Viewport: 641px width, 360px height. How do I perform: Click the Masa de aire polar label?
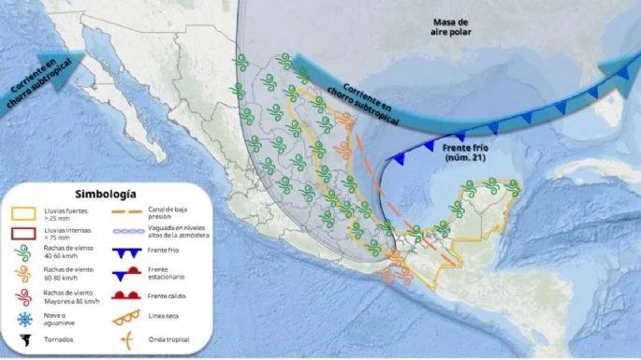459,27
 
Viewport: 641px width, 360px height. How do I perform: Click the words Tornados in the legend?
55,340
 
